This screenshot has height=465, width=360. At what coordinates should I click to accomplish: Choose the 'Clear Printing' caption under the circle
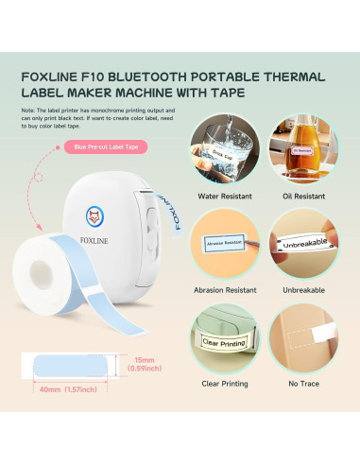pyautogui.click(x=225, y=385)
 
